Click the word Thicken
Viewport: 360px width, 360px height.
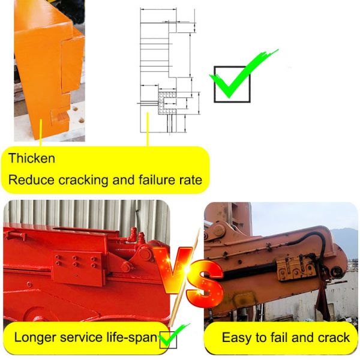click(x=32, y=158)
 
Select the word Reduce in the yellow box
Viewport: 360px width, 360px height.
click(x=29, y=179)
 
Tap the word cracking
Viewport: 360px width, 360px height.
click(x=83, y=179)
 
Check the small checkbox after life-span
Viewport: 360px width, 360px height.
click(x=169, y=340)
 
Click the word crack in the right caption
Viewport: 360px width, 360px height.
click(x=334, y=337)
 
